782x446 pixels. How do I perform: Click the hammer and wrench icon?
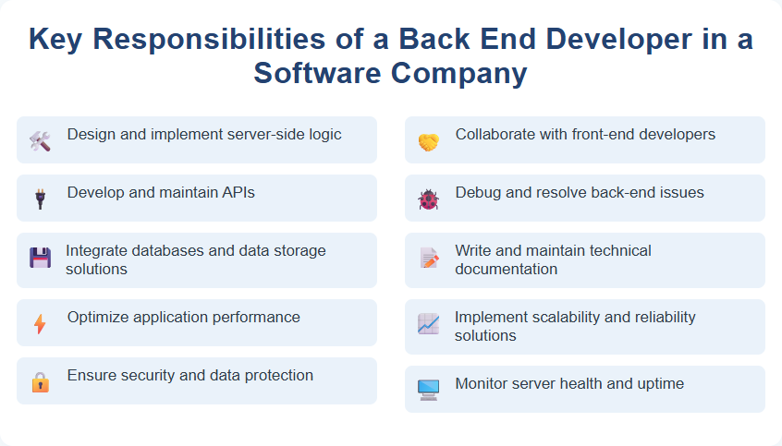click(40, 140)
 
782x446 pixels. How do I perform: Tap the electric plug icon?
click(40, 199)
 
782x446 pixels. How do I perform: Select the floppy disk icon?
click(40, 258)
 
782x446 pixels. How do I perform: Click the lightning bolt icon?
click(40, 323)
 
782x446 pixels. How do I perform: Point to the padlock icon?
click(40, 381)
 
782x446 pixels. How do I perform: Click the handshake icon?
click(428, 141)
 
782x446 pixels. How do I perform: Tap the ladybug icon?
click(428, 199)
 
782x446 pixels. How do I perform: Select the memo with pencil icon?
click(428, 259)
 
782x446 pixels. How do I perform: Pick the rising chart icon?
click(428, 324)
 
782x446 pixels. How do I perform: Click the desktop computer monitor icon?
click(428, 390)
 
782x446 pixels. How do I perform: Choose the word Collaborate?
click(495, 134)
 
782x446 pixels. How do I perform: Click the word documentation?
click(506, 269)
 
